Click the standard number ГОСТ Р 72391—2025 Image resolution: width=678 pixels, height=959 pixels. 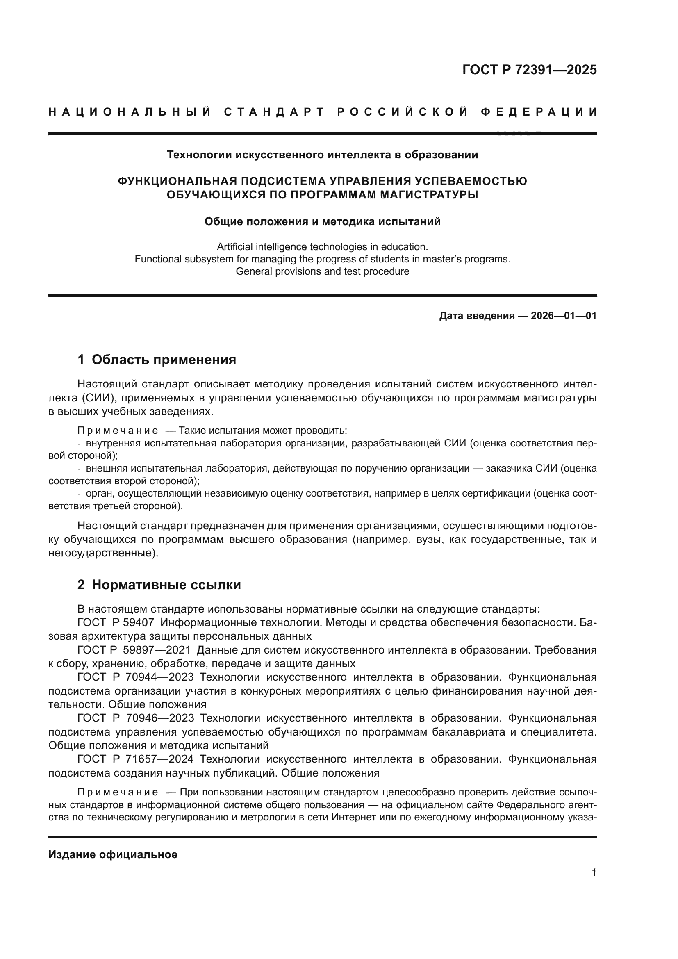click(529, 70)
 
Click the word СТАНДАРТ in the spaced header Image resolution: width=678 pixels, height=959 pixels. click(274, 112)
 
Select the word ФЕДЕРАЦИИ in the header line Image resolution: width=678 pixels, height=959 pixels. click(539, 112)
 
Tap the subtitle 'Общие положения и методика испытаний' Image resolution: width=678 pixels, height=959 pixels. click(322, 221)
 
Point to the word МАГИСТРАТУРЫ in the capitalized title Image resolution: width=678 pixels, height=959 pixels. click(425, 195)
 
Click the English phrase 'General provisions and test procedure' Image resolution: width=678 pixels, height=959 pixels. click(322, 271)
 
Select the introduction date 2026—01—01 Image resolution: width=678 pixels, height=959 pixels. click(564, 316)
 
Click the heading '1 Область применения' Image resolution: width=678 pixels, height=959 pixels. click(157, 360)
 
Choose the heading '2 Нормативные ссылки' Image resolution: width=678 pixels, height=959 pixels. click(159, 585)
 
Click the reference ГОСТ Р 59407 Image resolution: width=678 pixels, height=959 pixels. click(116, 622)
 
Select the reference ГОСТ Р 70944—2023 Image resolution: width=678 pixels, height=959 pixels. click(136, 677)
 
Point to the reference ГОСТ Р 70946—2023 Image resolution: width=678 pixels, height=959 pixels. click(136, 718)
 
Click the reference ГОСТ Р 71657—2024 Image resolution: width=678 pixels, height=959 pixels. click(136, 759)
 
